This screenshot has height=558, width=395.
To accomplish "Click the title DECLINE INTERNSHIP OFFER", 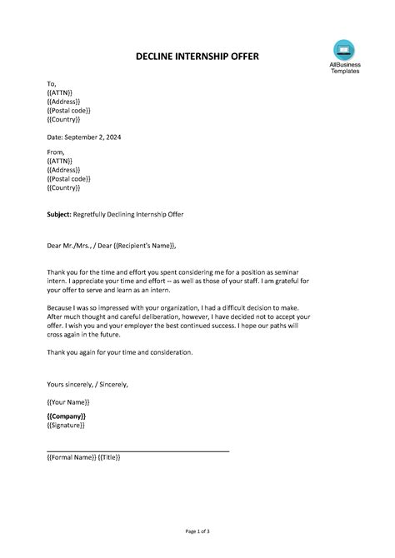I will [x=197, y=57].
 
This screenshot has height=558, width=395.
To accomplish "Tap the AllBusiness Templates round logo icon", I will [x=343, y=50].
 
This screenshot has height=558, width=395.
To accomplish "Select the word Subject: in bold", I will [x=62, y=214].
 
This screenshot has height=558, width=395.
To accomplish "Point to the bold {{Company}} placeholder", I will [x=67, y=416].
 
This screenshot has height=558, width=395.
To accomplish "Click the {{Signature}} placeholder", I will [x=67, y=425].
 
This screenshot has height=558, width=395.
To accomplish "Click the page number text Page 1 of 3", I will [x=197, y=531].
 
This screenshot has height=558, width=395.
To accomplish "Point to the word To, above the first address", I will [x=52, y=83].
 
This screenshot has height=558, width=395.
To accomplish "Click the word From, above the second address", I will [x=57, y=152].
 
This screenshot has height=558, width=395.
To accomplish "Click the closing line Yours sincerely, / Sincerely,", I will [x=87, y=384].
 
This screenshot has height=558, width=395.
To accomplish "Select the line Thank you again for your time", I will [x=120, y=352].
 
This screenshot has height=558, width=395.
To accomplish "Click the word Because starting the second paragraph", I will [x=63, y=307].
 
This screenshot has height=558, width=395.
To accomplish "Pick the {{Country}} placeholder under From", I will [x=64, y=187].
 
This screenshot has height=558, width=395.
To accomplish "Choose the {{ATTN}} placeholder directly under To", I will [x=60, y=92].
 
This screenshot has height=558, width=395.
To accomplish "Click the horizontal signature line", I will [x=138, y=451].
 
